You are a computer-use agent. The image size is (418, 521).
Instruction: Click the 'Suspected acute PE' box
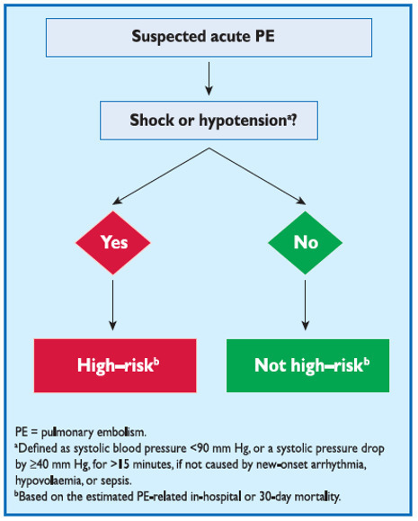click(x=209, y=38)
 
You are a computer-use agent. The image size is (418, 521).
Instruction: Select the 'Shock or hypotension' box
click(x=209, y=121)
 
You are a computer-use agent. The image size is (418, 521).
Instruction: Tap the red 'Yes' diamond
click(x=113, y=243)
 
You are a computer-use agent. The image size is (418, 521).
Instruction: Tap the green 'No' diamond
click(x=305, y=243)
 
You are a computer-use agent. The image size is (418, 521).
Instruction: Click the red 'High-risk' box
click(x=115, y=365)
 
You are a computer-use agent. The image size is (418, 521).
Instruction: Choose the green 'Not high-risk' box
click(x=307, y=365)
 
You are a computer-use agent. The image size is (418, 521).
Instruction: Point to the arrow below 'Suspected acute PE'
click(x=209, y=79)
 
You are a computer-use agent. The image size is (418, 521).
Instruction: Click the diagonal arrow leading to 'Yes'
click(x=161, y=176)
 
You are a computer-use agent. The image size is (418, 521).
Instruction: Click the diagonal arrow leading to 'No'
click(x=257, y=176)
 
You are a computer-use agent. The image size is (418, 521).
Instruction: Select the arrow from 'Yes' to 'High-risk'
click(x=113, y=305)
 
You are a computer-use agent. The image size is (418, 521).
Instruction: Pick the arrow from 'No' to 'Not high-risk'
click(x=305, y=305)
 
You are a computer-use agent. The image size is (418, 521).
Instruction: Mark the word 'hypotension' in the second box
click(x=243, y=121)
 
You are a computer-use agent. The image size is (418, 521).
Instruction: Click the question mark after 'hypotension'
click(x=293, y=120)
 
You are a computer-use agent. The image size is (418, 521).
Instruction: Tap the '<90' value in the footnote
click(x=200, y=449)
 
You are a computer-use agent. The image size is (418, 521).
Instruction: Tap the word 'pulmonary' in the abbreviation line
click(x=67, y=433)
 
